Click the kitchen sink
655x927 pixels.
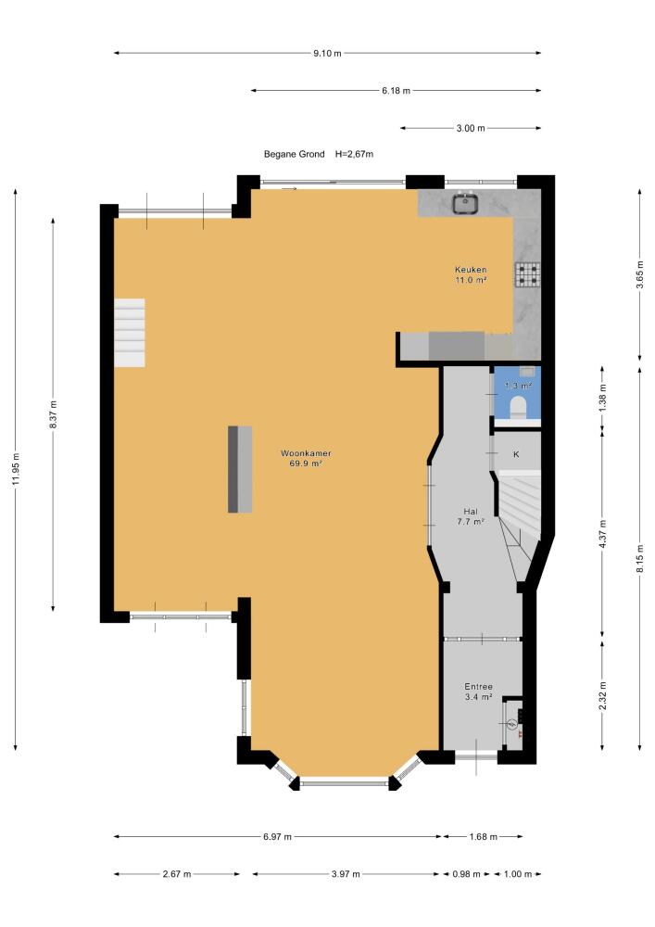click(x=465, y=203)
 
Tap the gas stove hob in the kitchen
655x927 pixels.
click(x=528, y=274)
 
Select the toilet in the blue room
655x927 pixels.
click(x=518, y=407)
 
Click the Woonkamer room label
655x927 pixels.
click(x=306, y=453)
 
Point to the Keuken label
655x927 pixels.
click(x=471, y=270)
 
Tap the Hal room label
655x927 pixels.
click(x=471, y=512)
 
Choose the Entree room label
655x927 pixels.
click(x=478, y=686)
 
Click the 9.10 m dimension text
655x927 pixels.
click(x=327, y=53)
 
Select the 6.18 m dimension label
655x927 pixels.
click(x=396, y=91)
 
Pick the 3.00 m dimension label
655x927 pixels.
click(x=471, y=128)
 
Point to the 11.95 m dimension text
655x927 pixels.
click(x=16, y=469)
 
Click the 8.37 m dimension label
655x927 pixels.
click(x=53, y=414)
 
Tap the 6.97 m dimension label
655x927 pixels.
click(x=278, y=836)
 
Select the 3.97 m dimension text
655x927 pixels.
click(x=346, y=874)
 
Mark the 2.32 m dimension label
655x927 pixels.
click(x=602, y=696)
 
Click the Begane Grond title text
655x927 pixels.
click(x=294, y=154)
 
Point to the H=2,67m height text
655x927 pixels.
click(x=355, y=154)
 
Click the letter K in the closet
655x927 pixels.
click(x=516, y=454)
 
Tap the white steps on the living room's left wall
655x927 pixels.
click(x=130, y=333)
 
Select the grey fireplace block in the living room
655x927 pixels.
click(x=240, y=469)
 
